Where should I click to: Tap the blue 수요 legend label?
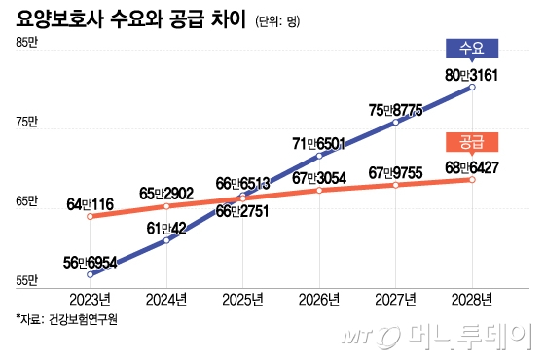tap(471, 48)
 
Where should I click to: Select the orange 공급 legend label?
tap(471, 142)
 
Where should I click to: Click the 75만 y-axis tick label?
tap(26, 123)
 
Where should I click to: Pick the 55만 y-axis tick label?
tap(26, 282)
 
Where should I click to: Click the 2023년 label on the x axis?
tap(90, 298)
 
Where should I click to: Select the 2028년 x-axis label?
tap(472, 298)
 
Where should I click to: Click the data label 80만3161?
tap(472, 73)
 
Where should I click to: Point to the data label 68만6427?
tap(472, 166)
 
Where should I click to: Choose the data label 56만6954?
tap(91, 263)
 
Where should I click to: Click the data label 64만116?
tap(91, 203)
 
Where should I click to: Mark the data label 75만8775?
tap(395, 110)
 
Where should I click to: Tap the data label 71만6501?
tap(319, 143)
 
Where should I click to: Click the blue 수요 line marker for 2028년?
tap(472, 88)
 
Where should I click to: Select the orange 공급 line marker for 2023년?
tap(91, 216)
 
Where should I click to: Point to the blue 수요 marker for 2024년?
tap(166, 239)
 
